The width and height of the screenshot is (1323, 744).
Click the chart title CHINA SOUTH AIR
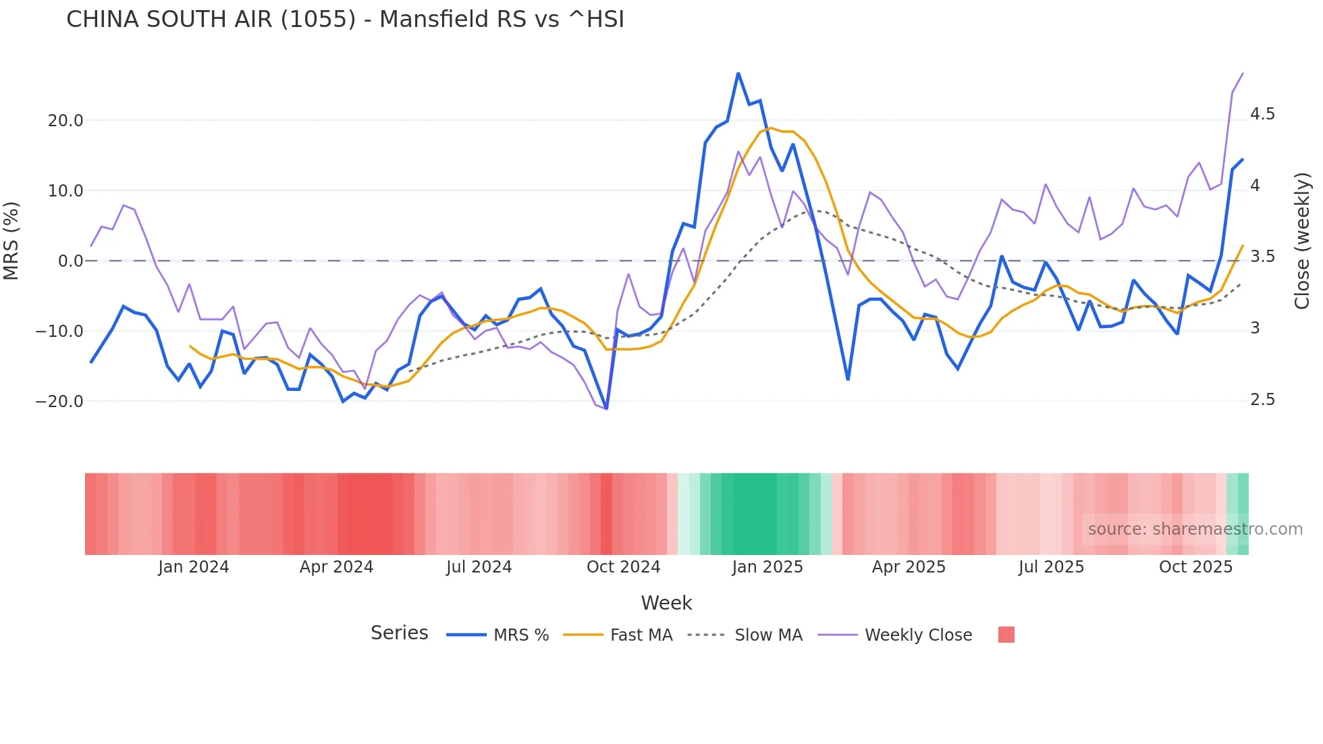pos(345,20)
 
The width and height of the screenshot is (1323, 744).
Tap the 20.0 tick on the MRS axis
pos(65,121)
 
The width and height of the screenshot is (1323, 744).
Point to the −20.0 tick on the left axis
pos(60,402)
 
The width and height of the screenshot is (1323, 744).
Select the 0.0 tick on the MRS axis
pos(71,261)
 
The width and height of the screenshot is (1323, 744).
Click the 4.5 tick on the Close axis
pos(1262,114)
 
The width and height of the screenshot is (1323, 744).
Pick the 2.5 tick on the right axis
pos(1262,400)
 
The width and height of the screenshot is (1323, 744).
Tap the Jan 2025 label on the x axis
pos(767,567)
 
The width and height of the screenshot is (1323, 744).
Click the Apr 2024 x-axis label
pos(336,567)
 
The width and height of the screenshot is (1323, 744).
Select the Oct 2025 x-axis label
pos(1195,567)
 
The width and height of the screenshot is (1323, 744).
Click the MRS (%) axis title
pos(11,240)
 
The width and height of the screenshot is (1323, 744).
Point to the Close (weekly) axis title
pos(1301,240)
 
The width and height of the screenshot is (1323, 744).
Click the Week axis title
pos(666,603)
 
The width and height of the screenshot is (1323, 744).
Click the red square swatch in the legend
pos(1006,635)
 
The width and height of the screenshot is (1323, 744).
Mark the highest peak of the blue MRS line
pos(738,73)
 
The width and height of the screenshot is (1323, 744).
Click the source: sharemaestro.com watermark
pos(1195,529)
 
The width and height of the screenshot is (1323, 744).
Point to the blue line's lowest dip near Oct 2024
pos(606,408)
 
